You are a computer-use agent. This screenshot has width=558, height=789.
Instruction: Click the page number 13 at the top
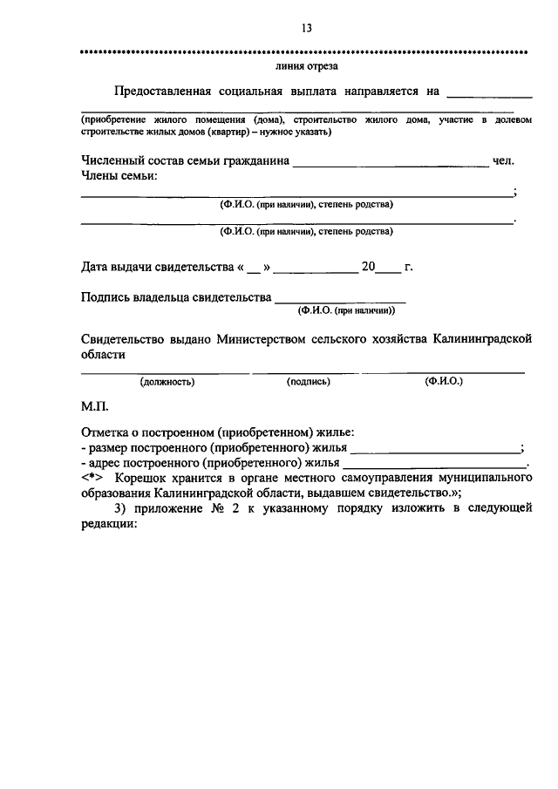click(306, 28)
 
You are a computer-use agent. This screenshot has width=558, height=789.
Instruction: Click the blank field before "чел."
click(391, 162)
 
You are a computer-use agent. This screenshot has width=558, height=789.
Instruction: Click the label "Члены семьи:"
click(119, 176)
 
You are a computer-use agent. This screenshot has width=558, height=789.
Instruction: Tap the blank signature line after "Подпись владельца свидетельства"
click(340, 300)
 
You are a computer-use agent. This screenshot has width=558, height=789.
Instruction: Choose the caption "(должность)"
click(167, 381)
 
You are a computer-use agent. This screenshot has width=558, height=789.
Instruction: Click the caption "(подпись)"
click(308, 381)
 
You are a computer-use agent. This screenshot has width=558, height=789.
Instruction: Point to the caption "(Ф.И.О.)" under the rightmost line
click(444, 381)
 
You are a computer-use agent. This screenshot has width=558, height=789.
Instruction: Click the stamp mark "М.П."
click(94, 405)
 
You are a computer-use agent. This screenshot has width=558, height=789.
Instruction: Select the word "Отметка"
click(105, 432)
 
